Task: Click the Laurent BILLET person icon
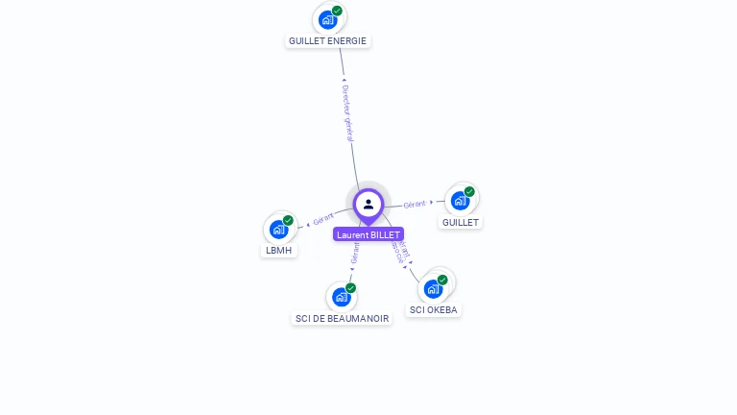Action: click(x=368, y=204)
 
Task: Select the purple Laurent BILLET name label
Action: click(x=368, y=234)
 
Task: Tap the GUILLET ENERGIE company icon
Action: click(x=328, y=19)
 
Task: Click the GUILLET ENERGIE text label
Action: click(x=328, y=41)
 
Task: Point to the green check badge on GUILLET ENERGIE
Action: click(x=337, y=11)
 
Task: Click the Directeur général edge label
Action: click(x=347, y=113)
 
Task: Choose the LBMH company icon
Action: click(x=278, y=229)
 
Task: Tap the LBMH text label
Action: click(x=279, y=251)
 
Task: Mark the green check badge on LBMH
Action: click(x=288, y=220)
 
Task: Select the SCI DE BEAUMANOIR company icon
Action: click(x=341, y=297)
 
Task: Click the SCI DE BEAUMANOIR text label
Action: click(x=343, y=318)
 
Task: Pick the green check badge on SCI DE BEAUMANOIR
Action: click(x=350, y=288)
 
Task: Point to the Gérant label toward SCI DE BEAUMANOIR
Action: click(x=355, y=253)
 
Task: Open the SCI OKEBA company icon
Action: click(x=434, y=288)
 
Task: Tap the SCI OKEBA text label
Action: click(x=435, y=310)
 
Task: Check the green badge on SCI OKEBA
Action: click(x=442, y=280)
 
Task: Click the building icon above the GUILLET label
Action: click(x=460, y=200)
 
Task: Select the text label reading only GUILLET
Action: click(x=461, y=222)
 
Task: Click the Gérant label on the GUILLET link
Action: click(x=415, y=204)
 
